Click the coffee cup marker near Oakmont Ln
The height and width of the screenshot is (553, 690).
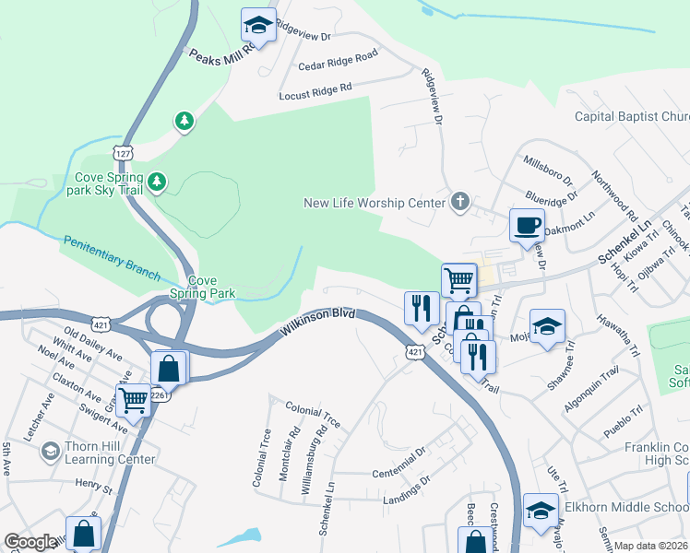coord(527,225)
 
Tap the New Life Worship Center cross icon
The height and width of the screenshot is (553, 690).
coord(460,202)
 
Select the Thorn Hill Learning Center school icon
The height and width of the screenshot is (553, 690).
coord(49,452)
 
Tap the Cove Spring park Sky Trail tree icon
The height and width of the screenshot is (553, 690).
coord(158,182)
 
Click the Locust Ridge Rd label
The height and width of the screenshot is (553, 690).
coord(316,91)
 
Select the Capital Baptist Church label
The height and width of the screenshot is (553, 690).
coord(631,117)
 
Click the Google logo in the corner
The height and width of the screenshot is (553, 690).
coord(30,542)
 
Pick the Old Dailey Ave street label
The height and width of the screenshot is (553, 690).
coord(92,341)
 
